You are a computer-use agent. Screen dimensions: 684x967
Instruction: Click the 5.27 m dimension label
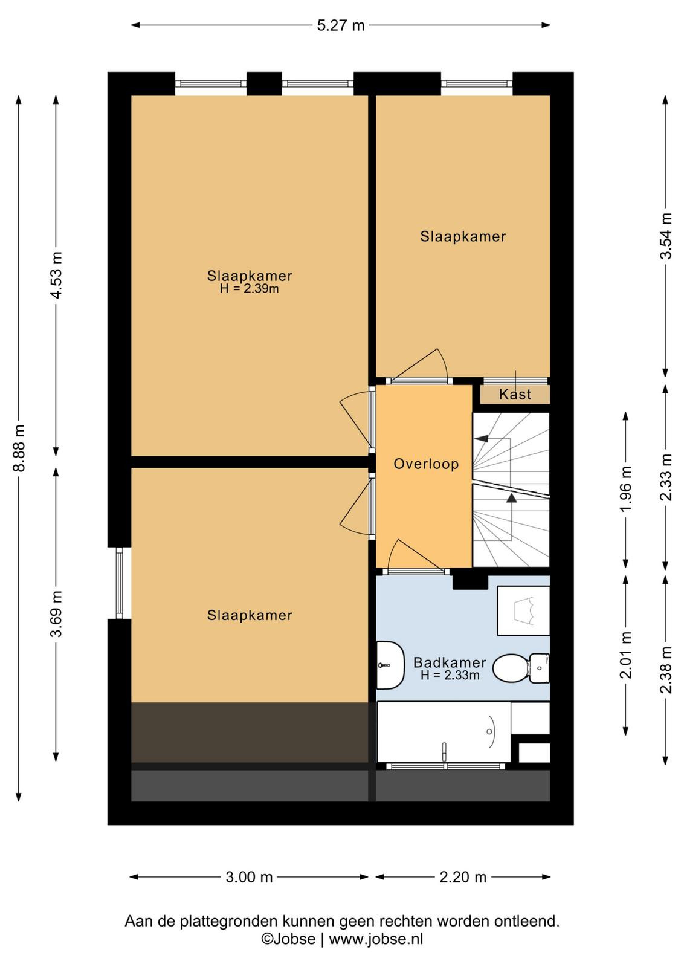[x=341, y=25]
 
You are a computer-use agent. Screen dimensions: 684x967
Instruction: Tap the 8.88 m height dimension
[x=19, y=448]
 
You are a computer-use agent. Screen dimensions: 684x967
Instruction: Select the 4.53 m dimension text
[x=56, y=275]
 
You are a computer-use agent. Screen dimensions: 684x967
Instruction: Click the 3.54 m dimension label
[x=666, y=236]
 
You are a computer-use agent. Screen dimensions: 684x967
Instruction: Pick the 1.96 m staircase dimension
[x=626, y=488]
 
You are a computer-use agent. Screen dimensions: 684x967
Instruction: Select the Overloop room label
[x=426, y=464]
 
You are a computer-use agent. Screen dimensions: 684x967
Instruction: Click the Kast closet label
[x=515, y=394]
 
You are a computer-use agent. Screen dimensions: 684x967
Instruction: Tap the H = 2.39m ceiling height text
[x=249, y=289]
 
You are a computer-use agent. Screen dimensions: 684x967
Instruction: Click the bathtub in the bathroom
[x=444, y=732]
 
